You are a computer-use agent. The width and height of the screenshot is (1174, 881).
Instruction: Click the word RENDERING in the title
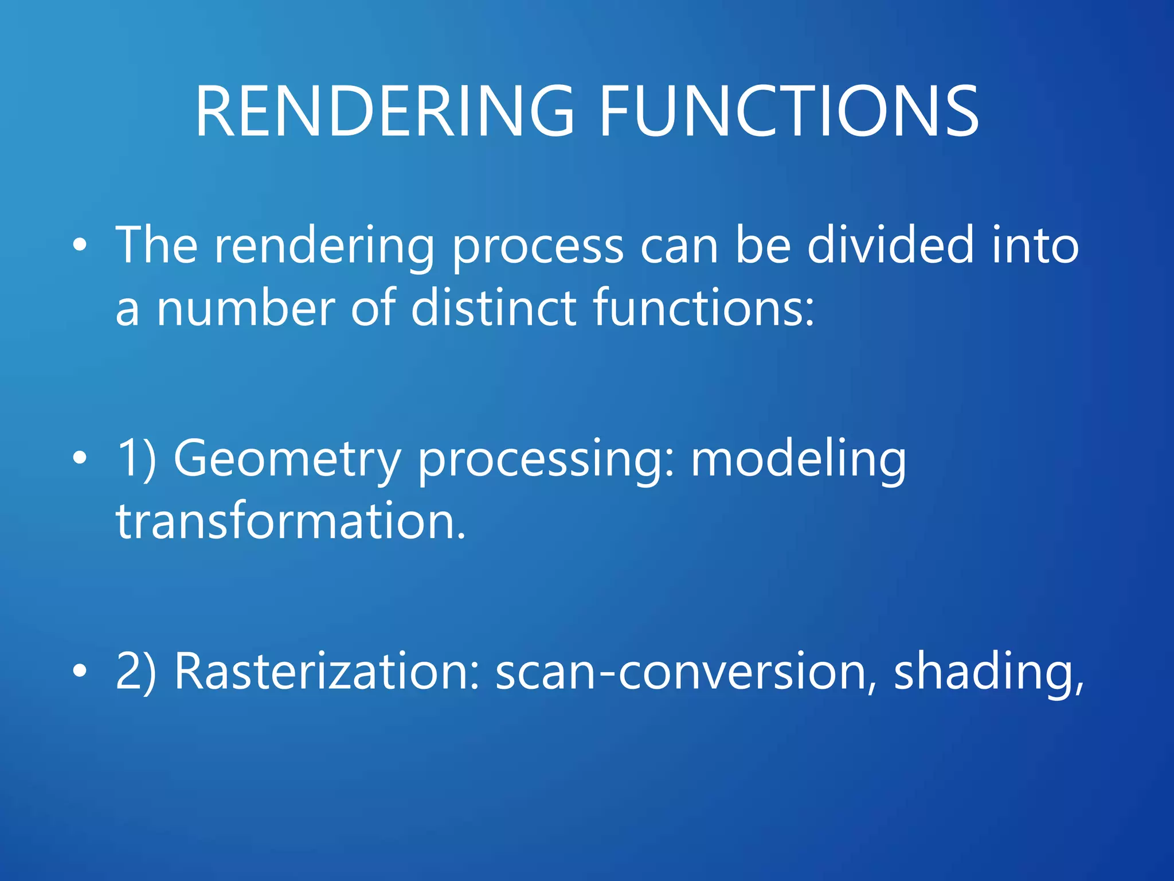[384, 112]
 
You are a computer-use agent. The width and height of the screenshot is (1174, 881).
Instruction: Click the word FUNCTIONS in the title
[788, 112]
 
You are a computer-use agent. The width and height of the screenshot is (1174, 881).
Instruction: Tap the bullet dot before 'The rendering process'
[80, 246]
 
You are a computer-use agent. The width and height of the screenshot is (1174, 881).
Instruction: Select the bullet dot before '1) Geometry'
[80, 458]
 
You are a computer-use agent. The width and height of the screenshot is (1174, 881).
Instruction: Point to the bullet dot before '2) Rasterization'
[80, 671]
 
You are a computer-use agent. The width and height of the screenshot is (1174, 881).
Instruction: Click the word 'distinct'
[494, 309]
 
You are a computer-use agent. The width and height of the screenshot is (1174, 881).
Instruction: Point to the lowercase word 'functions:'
[703, 309]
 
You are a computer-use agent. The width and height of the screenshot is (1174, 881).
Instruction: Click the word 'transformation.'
[291, 521]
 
